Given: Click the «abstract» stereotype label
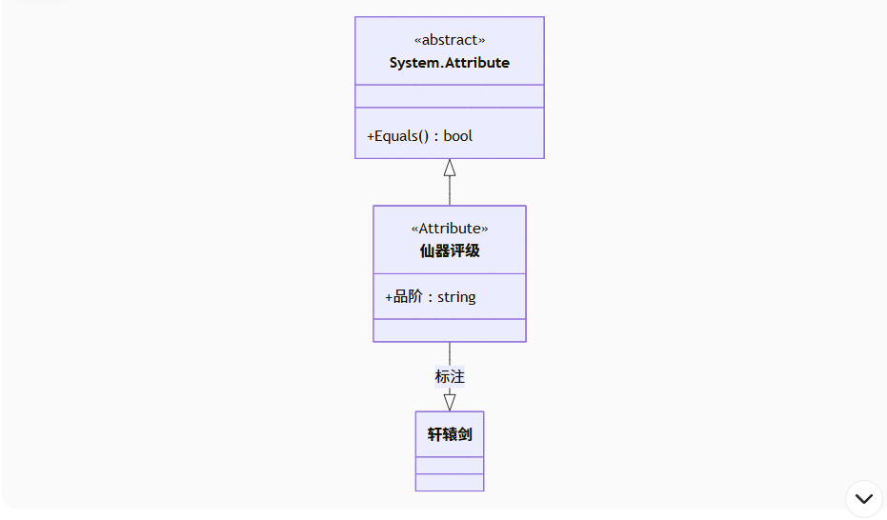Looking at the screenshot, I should [x=450, y=40].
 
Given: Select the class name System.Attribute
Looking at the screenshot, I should [x=450, y=63].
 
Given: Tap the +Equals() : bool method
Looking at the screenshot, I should [x=419, y=135].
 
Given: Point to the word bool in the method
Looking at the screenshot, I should [x=458, y=135].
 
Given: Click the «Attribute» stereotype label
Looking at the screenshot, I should [x=450, y=229].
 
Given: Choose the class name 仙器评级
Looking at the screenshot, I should [x=450, y=251].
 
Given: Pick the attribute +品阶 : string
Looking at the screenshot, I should [x=430, y=297].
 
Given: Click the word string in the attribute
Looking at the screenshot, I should [x=456, y=297].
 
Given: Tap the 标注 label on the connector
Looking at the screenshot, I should [x=450, y=377].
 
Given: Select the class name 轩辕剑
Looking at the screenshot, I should [x=450, y=434].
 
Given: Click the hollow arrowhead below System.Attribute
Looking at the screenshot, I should [x=450, y=168].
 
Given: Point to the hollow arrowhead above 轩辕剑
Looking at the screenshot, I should [x=450, y=402].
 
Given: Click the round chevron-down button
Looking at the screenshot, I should [x=864, y=498].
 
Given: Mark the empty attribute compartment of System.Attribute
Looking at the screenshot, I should [x=450, y=96].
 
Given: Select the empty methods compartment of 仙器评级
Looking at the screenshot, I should [x=450, y=330].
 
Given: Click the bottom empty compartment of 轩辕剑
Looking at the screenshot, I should [x=450, y=482].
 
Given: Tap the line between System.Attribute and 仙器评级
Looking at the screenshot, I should [x=450, y=191].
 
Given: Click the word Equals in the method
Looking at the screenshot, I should [x=396, y=135].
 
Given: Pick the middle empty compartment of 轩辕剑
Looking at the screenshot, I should [x=450, y=466].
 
